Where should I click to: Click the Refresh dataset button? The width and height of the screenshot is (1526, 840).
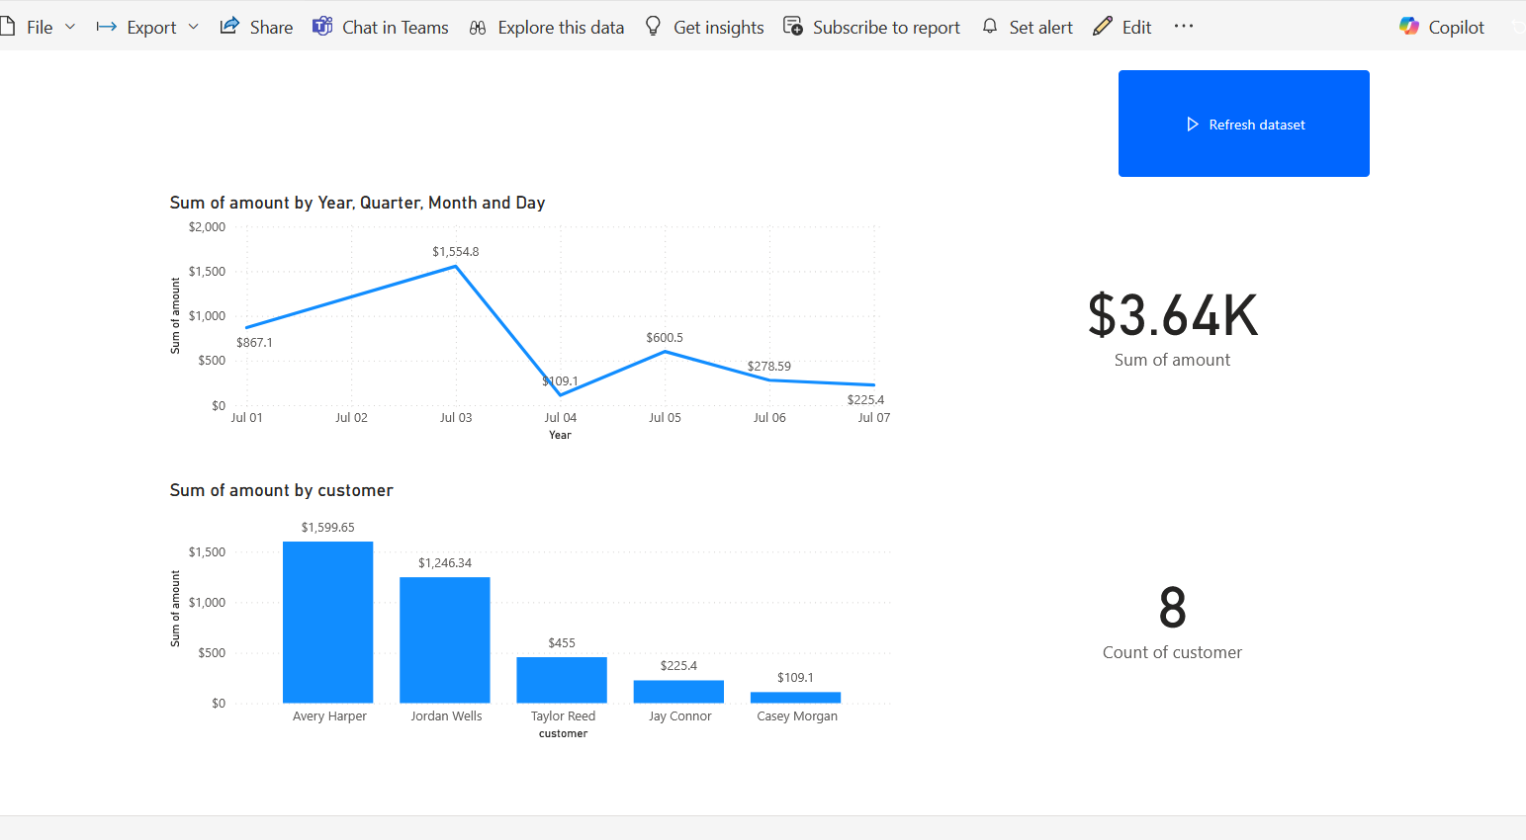tap(1243, 124)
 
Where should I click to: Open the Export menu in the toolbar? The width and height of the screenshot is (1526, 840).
tap(147, 28)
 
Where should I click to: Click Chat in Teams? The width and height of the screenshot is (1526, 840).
tap(381, 28)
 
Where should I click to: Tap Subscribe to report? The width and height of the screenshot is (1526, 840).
tap(871, 28)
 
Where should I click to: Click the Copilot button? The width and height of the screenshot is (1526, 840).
tap(1442, 28)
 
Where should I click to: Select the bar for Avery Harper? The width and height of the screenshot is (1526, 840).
tap(327, 623)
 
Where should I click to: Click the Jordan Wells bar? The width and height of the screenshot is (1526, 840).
tap(445, 640)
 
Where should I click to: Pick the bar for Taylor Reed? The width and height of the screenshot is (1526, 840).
tap(562, 680)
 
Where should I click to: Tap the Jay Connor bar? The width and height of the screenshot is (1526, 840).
tap(678, 692)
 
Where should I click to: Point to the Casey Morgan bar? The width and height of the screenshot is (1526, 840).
tap(795, 698)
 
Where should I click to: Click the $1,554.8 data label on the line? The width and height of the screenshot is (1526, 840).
tap(455, 252)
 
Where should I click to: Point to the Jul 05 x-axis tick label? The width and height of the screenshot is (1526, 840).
tap(665, 418)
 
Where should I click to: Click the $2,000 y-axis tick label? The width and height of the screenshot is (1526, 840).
tap(207, 227)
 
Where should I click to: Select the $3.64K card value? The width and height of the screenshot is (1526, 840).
tap(1172, 316)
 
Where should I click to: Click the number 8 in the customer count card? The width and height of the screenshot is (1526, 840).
tap(1172, 608)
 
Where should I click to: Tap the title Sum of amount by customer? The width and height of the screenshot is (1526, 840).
tap(281, 490)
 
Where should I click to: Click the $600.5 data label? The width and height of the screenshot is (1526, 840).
tap(665, 338)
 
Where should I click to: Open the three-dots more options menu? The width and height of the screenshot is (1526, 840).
tap(1184, 27)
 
